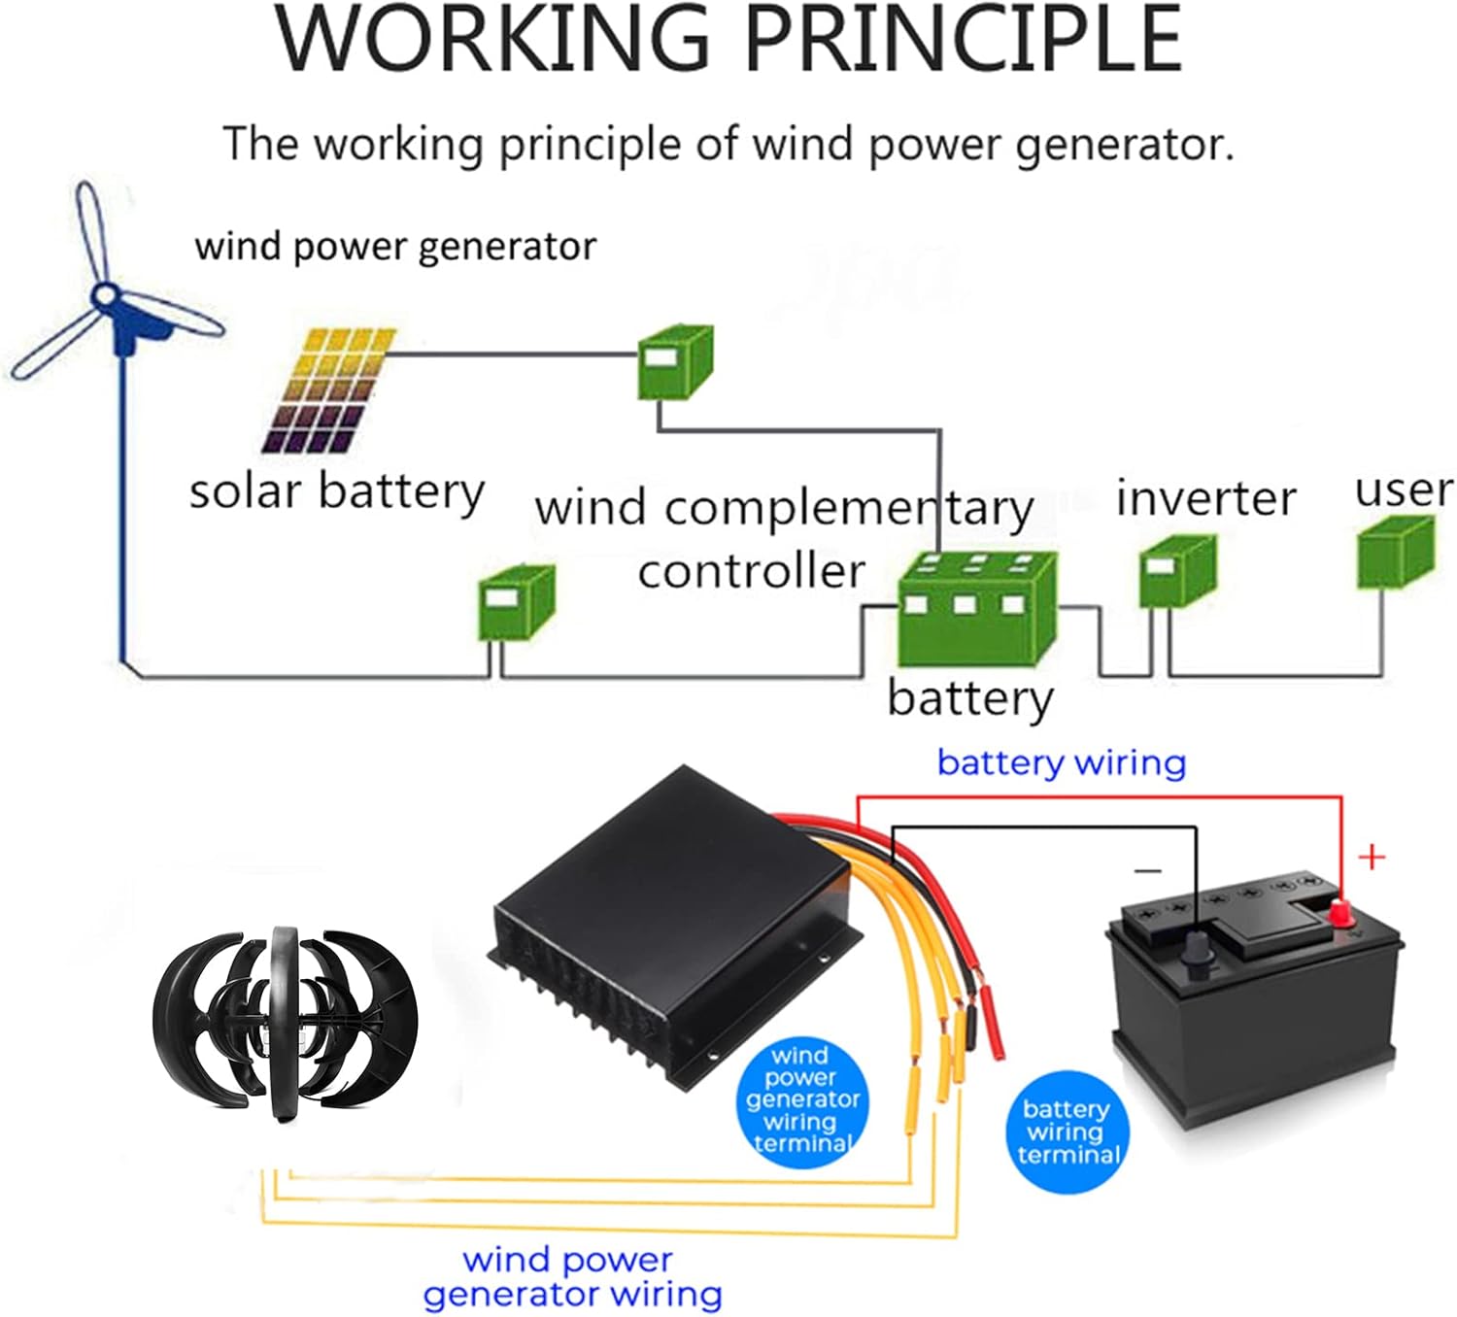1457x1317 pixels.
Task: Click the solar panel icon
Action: point(328,390)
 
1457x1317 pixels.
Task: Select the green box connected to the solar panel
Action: point(674,362)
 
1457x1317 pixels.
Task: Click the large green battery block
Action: point(975,607)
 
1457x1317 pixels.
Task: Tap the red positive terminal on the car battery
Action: point(1341,912)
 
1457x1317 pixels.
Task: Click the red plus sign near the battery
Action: point(1372,857)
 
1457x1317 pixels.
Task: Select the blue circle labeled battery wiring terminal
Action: point(1067,1131)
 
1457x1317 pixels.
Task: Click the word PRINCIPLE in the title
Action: point(963,41)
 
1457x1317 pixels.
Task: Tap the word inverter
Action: point(1205,498)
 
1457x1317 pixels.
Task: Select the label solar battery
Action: point(336,491)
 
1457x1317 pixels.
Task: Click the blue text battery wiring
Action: point(1061,762)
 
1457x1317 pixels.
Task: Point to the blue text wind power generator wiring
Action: point(571,1277)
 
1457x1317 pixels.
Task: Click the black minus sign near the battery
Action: point(1147,870)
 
